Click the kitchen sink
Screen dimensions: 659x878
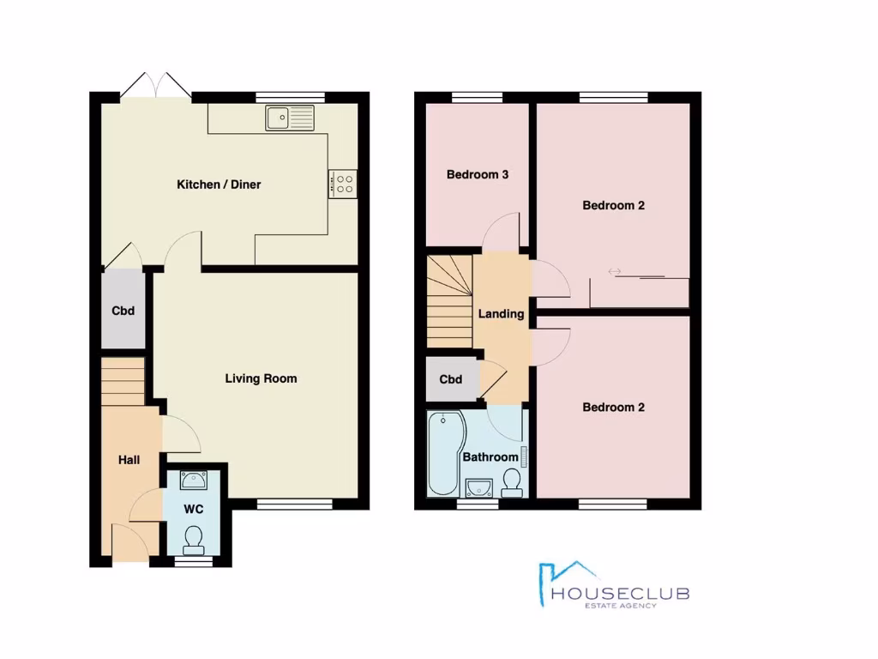[291, 118]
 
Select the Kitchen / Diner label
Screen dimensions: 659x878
[219, 184]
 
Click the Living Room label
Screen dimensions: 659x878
[261, 378]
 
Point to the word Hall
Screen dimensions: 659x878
[129, 461]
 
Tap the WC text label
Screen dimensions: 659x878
[194, 509]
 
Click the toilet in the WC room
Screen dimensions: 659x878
[193, 538]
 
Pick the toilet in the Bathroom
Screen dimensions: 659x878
[513, 483]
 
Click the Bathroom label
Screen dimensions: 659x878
[490, 457]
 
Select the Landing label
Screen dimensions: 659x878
[501, 314]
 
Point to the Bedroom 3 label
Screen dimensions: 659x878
[478, 175]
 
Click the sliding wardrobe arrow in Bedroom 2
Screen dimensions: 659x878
[615, 272]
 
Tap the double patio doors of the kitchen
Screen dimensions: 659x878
[155, 86]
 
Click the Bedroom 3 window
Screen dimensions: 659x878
[478, 96]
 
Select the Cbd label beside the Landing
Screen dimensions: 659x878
[451, 379]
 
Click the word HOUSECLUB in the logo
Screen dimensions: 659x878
[621, 593]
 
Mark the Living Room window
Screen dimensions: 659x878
[294, 504]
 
